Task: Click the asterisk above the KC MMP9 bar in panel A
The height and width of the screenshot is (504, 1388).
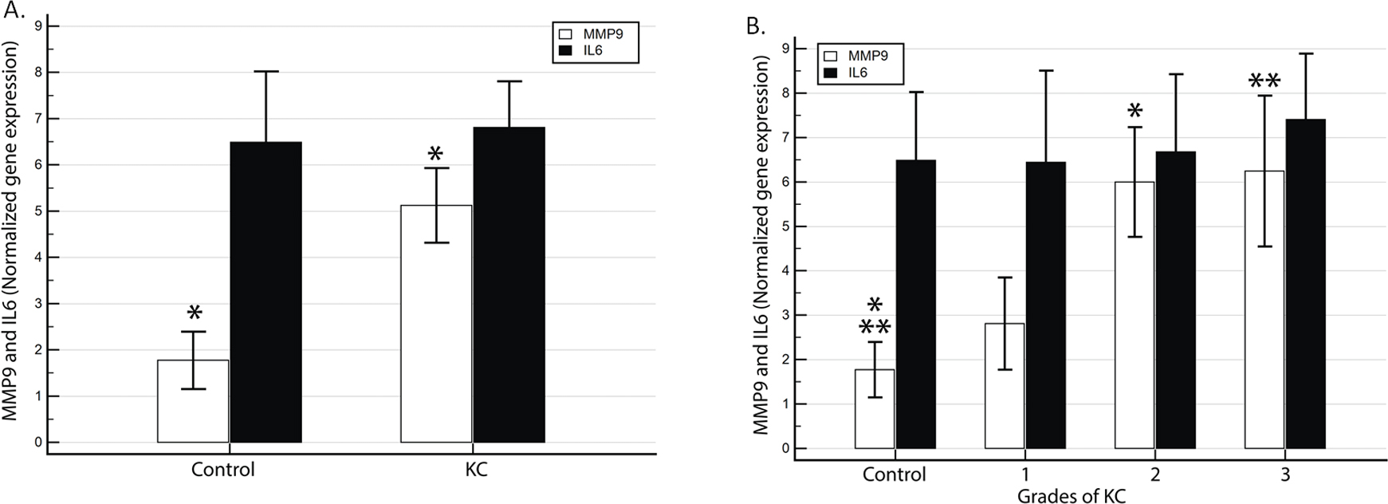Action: [x=435, y=154]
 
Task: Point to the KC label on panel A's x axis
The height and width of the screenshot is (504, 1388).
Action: [x=476, y=469]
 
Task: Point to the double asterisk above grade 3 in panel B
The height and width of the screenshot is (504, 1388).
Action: [x=1264, y=81]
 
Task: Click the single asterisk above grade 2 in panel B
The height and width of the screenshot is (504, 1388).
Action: [x=1135, y=111]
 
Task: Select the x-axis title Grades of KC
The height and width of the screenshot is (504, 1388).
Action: [x=1071, y=495]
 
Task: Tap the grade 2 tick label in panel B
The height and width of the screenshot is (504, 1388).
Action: [x=1155, y=474]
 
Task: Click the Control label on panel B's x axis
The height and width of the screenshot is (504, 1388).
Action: [x=895, y=474]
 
